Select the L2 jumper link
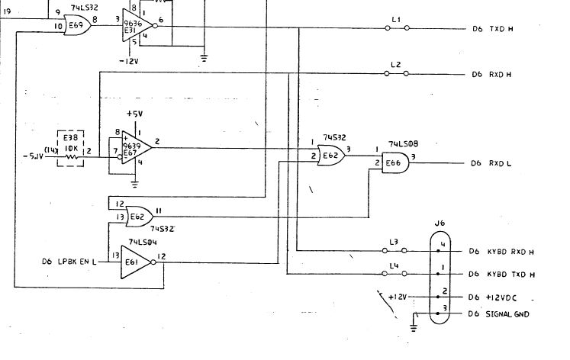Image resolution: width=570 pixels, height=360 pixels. click(395, 74)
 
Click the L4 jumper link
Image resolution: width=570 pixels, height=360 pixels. click(394, 273)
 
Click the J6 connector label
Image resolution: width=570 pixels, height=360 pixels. click(439, 223)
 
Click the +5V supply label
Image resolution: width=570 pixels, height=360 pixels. click(134, 114)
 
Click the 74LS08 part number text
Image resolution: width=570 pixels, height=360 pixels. click(401, 143)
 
